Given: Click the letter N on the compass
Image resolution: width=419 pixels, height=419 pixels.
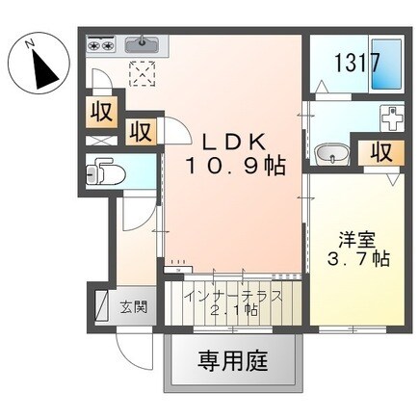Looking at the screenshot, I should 31,42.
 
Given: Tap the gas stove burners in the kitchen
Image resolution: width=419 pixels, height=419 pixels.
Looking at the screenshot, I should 100,42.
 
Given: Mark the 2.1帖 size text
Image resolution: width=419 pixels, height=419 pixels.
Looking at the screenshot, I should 236,311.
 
